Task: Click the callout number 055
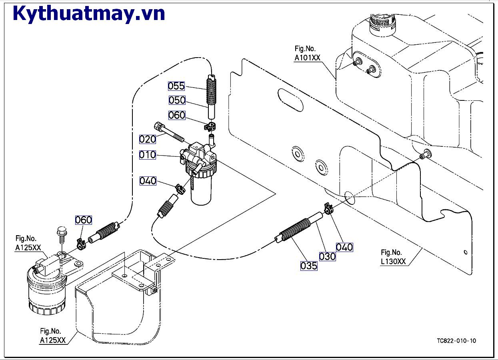(176, 86)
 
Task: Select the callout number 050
(177, 100)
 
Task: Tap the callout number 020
(147, 139)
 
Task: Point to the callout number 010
(147, 155)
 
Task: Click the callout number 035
(309, 265)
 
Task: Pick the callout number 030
(327, 256)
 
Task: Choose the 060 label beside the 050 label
(177, 115)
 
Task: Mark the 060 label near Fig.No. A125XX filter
(84, 220)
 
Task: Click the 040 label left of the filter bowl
(148, 181)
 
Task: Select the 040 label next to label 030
(344, 247)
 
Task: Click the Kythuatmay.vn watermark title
(89, 14)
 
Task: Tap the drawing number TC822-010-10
(456, 341)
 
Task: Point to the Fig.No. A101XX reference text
(307, 53)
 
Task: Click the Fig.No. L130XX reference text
(393, 257)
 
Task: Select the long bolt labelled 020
(171, 134)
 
